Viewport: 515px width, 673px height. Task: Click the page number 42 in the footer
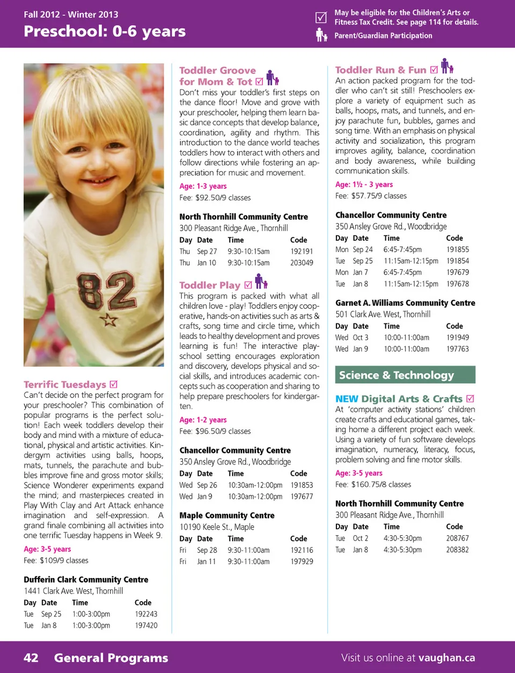[x=31, y=657]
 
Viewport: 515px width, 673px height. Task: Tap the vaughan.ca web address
[x=446, y=657]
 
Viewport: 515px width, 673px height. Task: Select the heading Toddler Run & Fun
[x=380, y=70]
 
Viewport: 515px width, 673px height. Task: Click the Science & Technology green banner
[x=405, y=375]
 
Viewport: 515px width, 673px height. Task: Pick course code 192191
[x=301, y=251]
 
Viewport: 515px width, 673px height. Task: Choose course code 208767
[x=457, y=538]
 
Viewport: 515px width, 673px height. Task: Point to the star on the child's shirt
[x=109, y=320]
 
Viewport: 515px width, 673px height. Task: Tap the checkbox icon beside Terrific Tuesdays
[x=114, y=384]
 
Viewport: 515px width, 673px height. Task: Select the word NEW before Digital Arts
[x=347, y=399]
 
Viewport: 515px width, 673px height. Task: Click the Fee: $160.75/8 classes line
[x=373, y=484]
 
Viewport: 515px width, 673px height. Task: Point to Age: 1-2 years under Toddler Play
[x=203, y=420]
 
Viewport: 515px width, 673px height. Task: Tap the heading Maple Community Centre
[x=226, y=515]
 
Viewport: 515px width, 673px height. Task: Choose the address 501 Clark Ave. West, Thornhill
[x=382, y=314]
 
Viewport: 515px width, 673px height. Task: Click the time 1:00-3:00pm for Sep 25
[x=91, y=614]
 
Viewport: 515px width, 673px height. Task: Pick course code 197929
[x=301, y=561]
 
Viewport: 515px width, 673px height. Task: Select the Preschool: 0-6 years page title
[x=105, y=31]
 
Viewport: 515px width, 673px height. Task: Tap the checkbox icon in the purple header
[x=321, y=18]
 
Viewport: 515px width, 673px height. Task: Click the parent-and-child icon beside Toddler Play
[x=261, y=282]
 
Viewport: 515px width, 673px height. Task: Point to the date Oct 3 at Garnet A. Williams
[x=360, y=337]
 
